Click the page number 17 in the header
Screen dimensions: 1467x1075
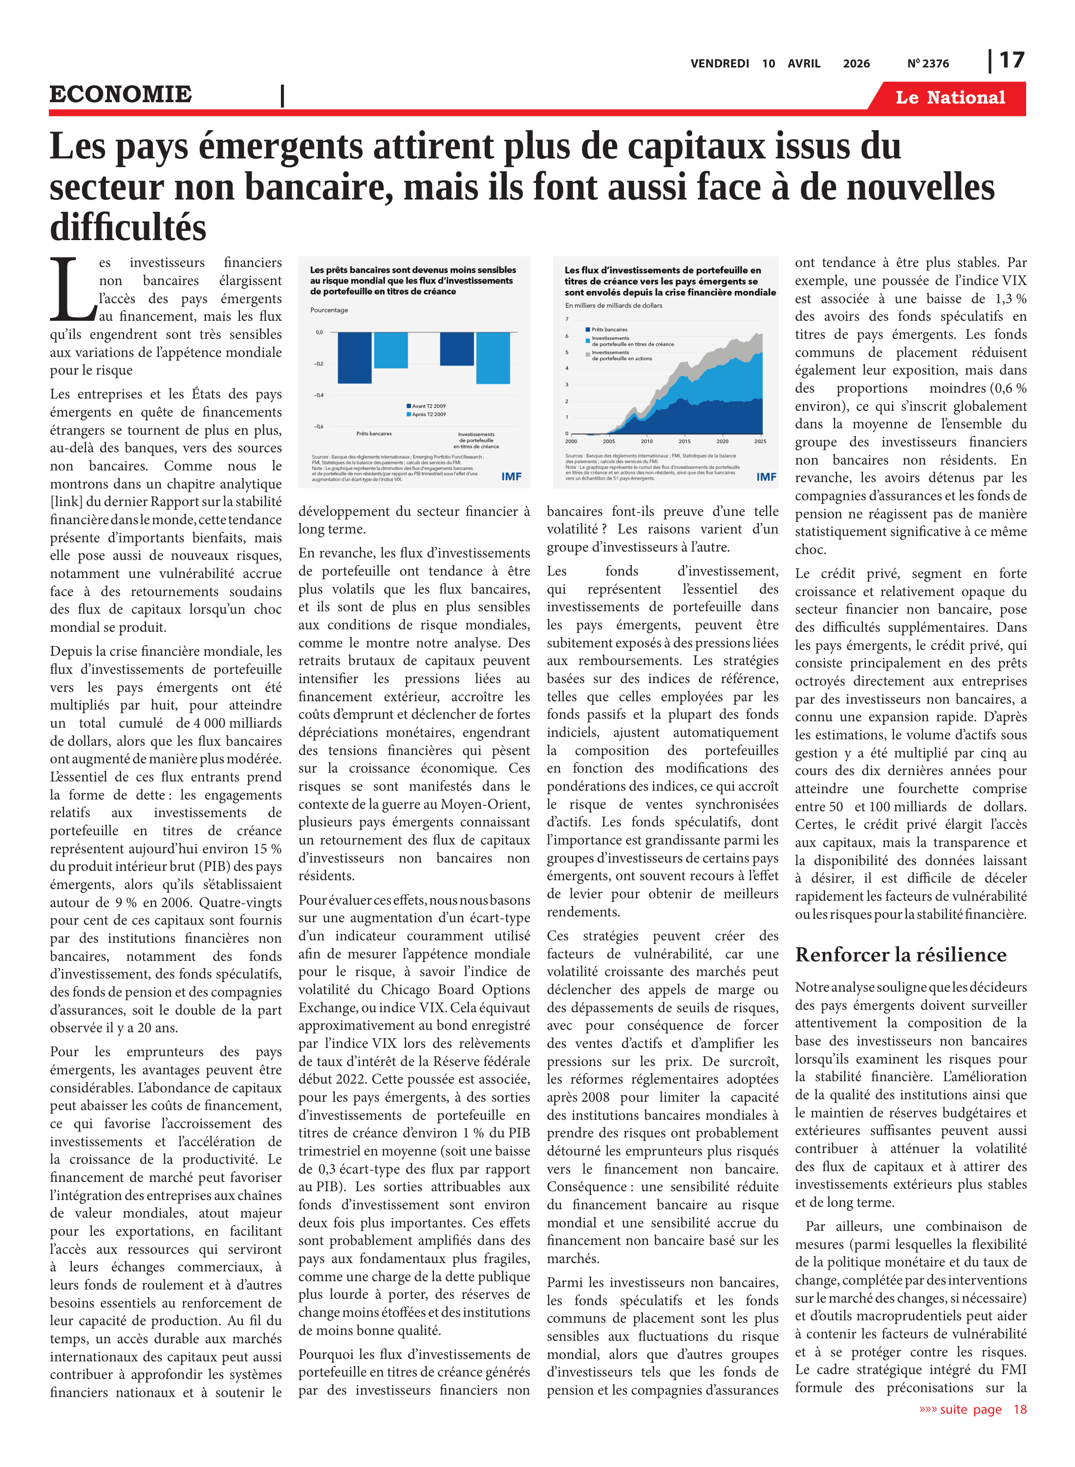pyautogui.click(x=1011, y=61)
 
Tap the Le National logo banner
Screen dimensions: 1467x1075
pyautogui.click(x=949, y=98)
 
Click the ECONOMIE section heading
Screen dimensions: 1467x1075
pyautogui.click(x=121, y=94)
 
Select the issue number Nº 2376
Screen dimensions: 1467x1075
pyautogui.click(x=928, y=64)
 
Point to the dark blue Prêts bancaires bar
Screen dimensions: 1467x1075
pyautogui.click(x=355, y=357)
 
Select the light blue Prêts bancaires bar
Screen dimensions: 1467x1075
pyautogui.click(x=391, y=350)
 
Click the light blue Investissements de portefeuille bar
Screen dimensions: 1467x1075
pyautogui.click(x=493, y=357)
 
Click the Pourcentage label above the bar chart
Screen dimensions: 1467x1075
pyautogui.click(x=329, y=310)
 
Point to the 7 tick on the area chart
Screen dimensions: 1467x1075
pyautogui.click(x=567, y=319)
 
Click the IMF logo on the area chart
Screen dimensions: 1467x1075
pyautogui.click(x=766, y=477)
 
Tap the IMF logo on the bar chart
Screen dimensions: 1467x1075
pyautogui.click(x=511, y=477)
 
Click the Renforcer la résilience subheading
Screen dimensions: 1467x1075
pyautogui.click(x=900, y=955)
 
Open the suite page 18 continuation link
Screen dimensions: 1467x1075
pyautogui.click(x=973, y=1410)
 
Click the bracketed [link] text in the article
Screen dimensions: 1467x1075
pyautogui.click(x=67, y=501)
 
